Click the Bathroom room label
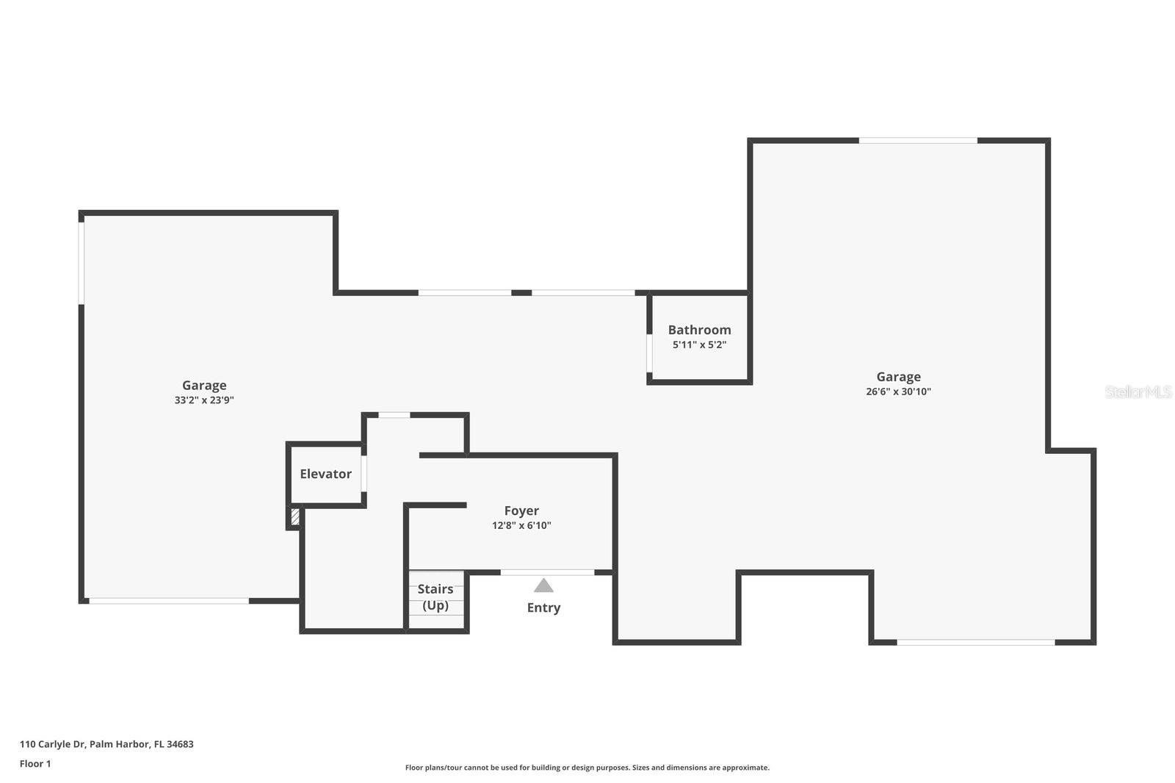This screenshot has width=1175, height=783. [699, 330]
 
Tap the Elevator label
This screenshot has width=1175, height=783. [325, 474]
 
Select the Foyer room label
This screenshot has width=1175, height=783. [521, 510]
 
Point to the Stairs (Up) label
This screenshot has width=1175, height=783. [435, 597]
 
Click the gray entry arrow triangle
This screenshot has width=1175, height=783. [543, 585]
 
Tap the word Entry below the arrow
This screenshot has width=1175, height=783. [543, 607]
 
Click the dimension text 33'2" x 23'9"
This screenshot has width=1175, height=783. [204, 400]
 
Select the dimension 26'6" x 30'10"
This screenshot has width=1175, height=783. [898, 391]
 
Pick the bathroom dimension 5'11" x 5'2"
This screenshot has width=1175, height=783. [699, 344]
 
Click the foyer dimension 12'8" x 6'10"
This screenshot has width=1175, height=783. [521, 525]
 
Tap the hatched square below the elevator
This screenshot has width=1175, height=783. [295, 516]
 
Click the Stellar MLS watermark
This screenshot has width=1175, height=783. [1138, 391]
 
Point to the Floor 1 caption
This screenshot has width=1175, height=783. [35, 764]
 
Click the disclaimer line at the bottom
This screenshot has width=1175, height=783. [587, 768]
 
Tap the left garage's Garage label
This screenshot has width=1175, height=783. [204, 385]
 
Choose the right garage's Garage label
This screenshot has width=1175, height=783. [898, 377]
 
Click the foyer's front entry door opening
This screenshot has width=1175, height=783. [547, 571]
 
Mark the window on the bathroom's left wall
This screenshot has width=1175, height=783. [649, 353]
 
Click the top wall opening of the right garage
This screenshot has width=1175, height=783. [918, 140]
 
